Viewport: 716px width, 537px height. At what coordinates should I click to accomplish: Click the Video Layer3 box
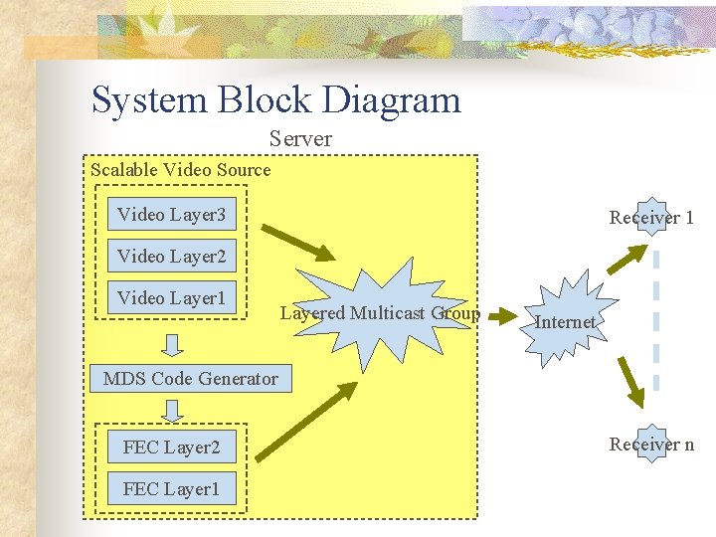point(171,215)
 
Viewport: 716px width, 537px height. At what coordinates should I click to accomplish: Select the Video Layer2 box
point(171,257)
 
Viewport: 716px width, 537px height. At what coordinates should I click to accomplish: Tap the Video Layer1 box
point(171,298)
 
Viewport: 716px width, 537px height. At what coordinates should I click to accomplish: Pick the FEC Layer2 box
point(171,447)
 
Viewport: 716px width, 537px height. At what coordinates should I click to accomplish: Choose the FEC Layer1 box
point(171,489)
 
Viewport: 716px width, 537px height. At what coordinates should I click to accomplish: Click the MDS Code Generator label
point(191,378)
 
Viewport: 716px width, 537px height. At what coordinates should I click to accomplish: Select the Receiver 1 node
point(651,218)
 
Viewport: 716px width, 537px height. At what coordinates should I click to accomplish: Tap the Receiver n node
point(651,445)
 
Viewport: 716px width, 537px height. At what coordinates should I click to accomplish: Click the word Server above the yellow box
point(300,139)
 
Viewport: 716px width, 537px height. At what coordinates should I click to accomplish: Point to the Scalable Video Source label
point(180,170)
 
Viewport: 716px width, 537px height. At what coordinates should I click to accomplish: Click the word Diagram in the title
point(393,100)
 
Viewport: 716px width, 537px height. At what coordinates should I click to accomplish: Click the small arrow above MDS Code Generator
point(172,345)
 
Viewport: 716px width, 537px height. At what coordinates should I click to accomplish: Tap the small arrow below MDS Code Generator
point(172,410)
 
